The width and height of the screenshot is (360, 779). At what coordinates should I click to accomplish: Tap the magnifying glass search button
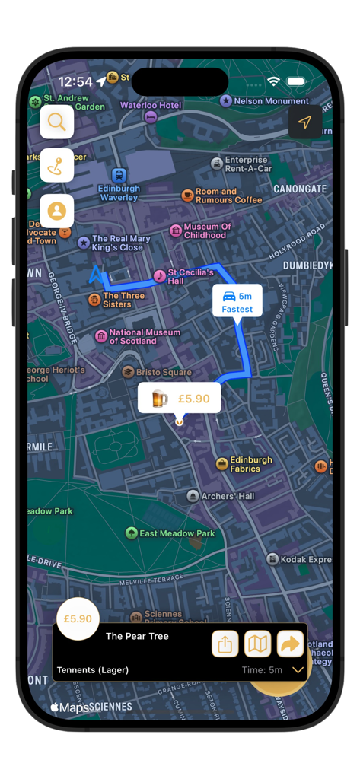point(57,121)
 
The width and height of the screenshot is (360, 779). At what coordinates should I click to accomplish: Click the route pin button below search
point(57,165)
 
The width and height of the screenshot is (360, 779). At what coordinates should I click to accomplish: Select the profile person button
point(57,210)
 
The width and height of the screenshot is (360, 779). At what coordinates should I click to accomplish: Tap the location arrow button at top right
point(304,122)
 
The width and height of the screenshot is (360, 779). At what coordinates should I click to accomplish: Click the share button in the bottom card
point(225,644)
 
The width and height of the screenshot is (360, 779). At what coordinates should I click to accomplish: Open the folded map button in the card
point(258,644)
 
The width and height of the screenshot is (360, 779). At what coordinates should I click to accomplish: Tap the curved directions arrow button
point(290,644)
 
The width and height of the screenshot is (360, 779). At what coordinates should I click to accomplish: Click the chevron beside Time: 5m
point(298,670)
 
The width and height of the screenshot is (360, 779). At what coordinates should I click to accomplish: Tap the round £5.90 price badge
point(78,619)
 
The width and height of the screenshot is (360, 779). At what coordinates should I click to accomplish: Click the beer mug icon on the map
point(158,398)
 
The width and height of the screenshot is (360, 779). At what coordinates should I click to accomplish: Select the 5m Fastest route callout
point(237,302)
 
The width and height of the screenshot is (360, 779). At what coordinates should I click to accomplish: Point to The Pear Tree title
point(137,636)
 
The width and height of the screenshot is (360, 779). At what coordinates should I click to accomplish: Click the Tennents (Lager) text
point(93,670)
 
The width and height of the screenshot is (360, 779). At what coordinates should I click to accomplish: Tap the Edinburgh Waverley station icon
point(119,176)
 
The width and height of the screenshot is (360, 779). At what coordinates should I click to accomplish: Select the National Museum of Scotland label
point(145,336)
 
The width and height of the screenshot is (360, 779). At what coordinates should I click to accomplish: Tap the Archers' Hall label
point(228,496)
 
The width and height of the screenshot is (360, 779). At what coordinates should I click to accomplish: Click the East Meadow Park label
point(177,533)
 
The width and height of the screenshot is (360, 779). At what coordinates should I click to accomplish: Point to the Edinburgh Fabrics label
point(251,464)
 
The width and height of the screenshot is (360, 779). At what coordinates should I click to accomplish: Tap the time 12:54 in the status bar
point(75,81)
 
